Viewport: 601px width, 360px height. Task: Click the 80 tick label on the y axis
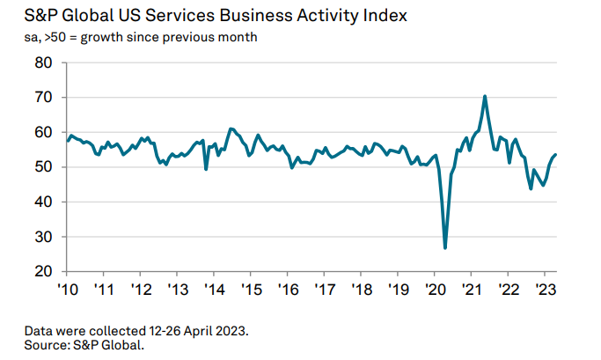[x=44, y=62]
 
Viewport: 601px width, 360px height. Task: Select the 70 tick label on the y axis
[x=44, y=97]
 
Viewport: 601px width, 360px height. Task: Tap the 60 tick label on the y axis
[x=44, y=132]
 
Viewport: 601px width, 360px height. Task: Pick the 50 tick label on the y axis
[x=44, y=166]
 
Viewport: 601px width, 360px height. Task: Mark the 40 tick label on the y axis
[x=44, y=202]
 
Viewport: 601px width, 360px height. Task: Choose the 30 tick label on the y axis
[x=44, y=237]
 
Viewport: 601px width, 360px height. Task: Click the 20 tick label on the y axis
[x=44, y=271]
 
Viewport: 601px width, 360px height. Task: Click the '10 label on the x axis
[x=68, y=289]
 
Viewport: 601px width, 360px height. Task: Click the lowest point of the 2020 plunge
[x=445, y=247]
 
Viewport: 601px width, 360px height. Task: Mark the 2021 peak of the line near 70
[x=485, y=96]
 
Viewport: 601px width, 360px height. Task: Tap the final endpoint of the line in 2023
[x=555, y=155]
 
